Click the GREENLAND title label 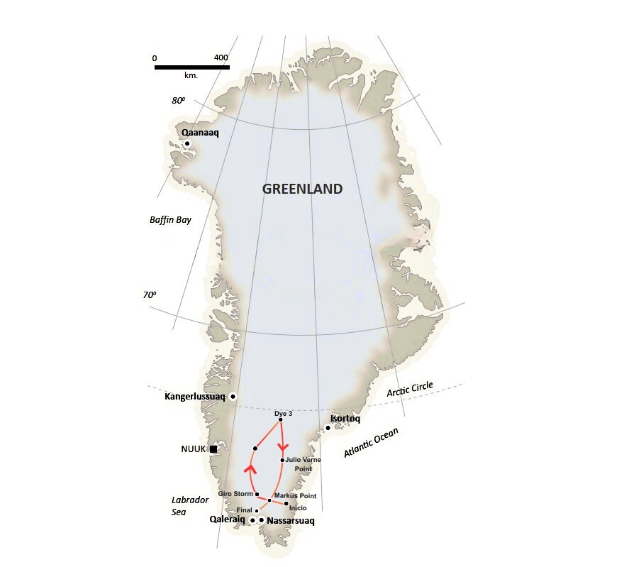click(x=302, y=189)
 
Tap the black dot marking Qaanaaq click(x=187, y=143)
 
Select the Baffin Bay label click(x=170, y=220)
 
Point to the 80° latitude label click(x=178, y=101)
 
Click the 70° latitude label click(x=149, y=294)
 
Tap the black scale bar click(x=191, y=67)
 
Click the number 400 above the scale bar click(x=221, y=57)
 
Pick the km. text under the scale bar click(x=191, y=75)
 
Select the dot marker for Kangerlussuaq click(x=233, y=396)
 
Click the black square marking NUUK click(x=213, y=448)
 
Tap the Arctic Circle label click(x=409, y=390)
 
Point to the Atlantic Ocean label click(x=371, y=442)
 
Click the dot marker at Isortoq click(x=328, y=427)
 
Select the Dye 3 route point click(x=281, y=419)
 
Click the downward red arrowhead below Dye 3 click(x=283, y=446)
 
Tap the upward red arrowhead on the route click(x=250, y=468)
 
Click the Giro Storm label click(x=235, y=494)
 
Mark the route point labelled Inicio click(x=286, y=504)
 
